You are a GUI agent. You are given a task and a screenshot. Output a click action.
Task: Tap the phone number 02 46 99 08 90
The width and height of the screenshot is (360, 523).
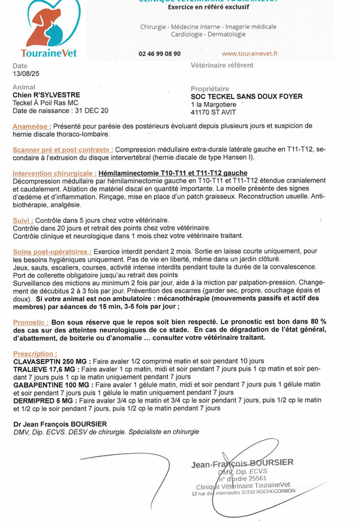(x=160, y=54)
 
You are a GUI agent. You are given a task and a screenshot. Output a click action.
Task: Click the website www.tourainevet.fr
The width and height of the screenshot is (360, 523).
(x=250, y=54)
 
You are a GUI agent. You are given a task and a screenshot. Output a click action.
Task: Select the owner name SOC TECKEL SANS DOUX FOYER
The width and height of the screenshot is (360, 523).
(x=247, y=96)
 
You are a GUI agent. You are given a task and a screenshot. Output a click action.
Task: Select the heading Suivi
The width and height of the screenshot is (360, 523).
(x=22, y=220)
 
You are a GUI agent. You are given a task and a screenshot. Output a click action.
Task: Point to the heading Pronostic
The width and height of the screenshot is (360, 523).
(x=31, y=322)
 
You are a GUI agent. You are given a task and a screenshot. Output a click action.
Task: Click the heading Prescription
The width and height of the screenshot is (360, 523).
(x=33, y=354)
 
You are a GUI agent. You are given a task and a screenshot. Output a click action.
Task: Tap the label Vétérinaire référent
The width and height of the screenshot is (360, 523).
(x=221, y=66)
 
